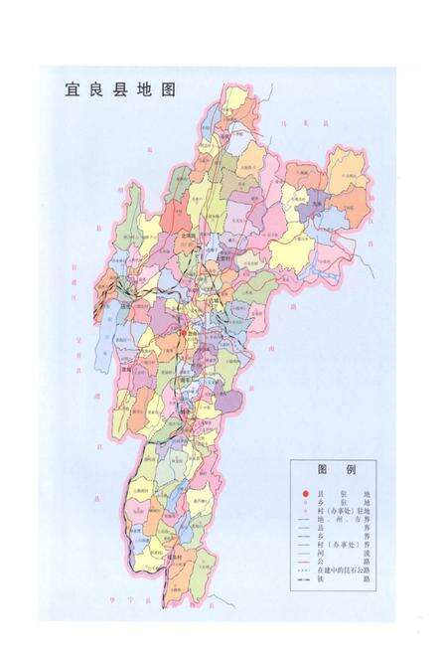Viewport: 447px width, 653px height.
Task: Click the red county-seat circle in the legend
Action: point(305,493)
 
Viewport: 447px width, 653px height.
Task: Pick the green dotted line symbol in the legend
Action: point(305,570)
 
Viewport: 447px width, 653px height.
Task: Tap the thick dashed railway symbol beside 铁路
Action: point(305,578)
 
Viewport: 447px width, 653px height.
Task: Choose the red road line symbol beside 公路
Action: point(305,561)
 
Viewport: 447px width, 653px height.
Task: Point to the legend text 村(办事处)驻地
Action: point(344,510)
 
